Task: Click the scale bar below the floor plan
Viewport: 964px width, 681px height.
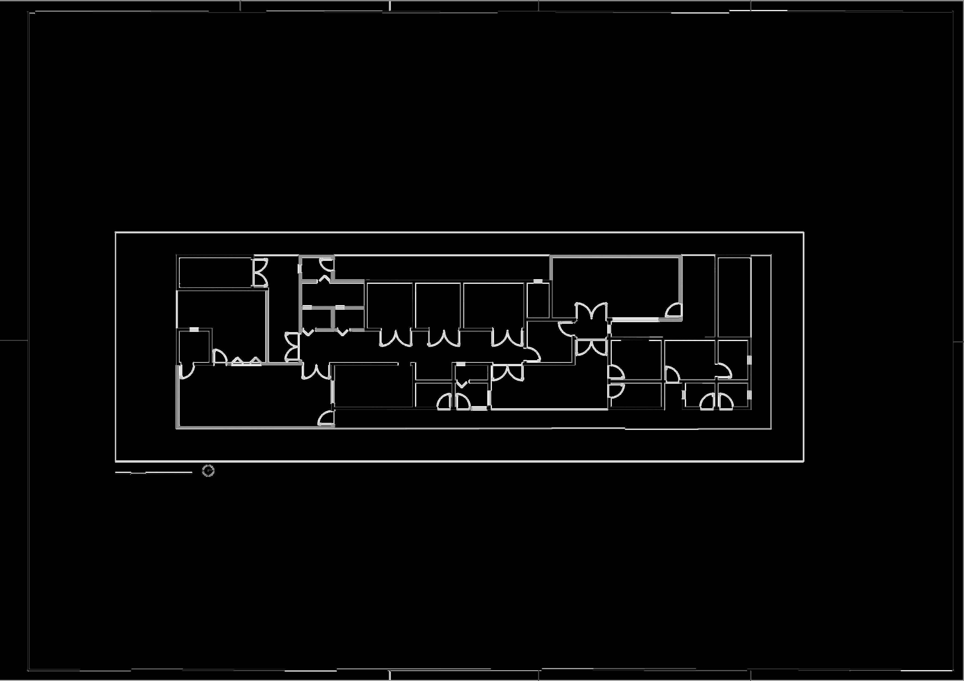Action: (154, 472)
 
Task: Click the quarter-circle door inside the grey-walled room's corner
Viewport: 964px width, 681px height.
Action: (673, 311)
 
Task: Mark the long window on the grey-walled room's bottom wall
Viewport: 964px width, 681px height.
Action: (634, 320)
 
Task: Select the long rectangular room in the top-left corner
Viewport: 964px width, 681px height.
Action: (215, 272)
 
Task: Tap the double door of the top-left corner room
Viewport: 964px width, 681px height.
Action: (260, 272)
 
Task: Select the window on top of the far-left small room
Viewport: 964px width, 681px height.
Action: (194, 330)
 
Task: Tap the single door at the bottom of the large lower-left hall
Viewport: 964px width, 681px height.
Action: (326, 419)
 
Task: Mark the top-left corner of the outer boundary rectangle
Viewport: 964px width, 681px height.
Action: (115, 232)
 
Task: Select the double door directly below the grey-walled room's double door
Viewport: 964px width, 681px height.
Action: (591, 348)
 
